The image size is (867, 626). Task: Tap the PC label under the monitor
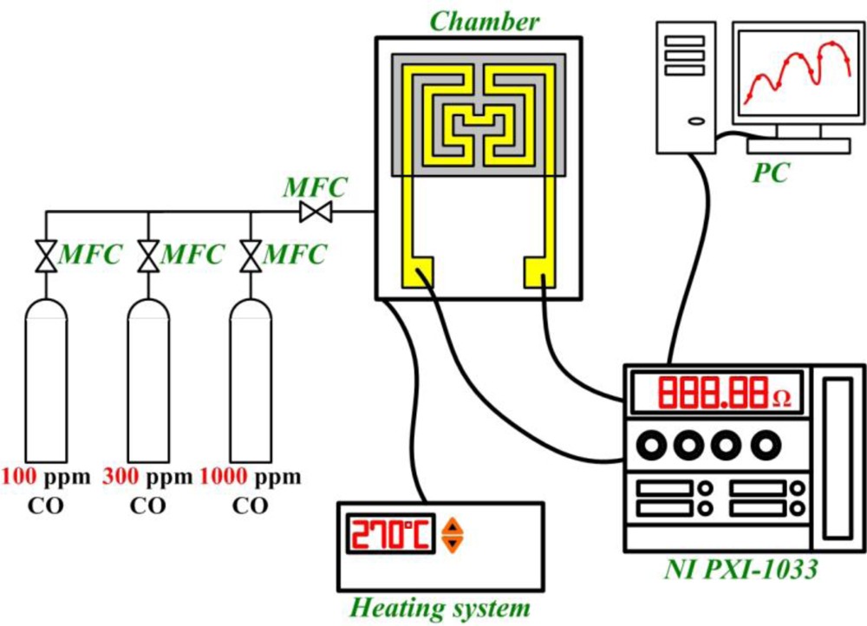769,173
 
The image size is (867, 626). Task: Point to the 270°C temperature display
389,535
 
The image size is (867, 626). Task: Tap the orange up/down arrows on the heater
451,535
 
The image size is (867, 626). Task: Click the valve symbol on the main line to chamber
310,212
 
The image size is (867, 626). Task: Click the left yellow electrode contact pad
419,273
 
